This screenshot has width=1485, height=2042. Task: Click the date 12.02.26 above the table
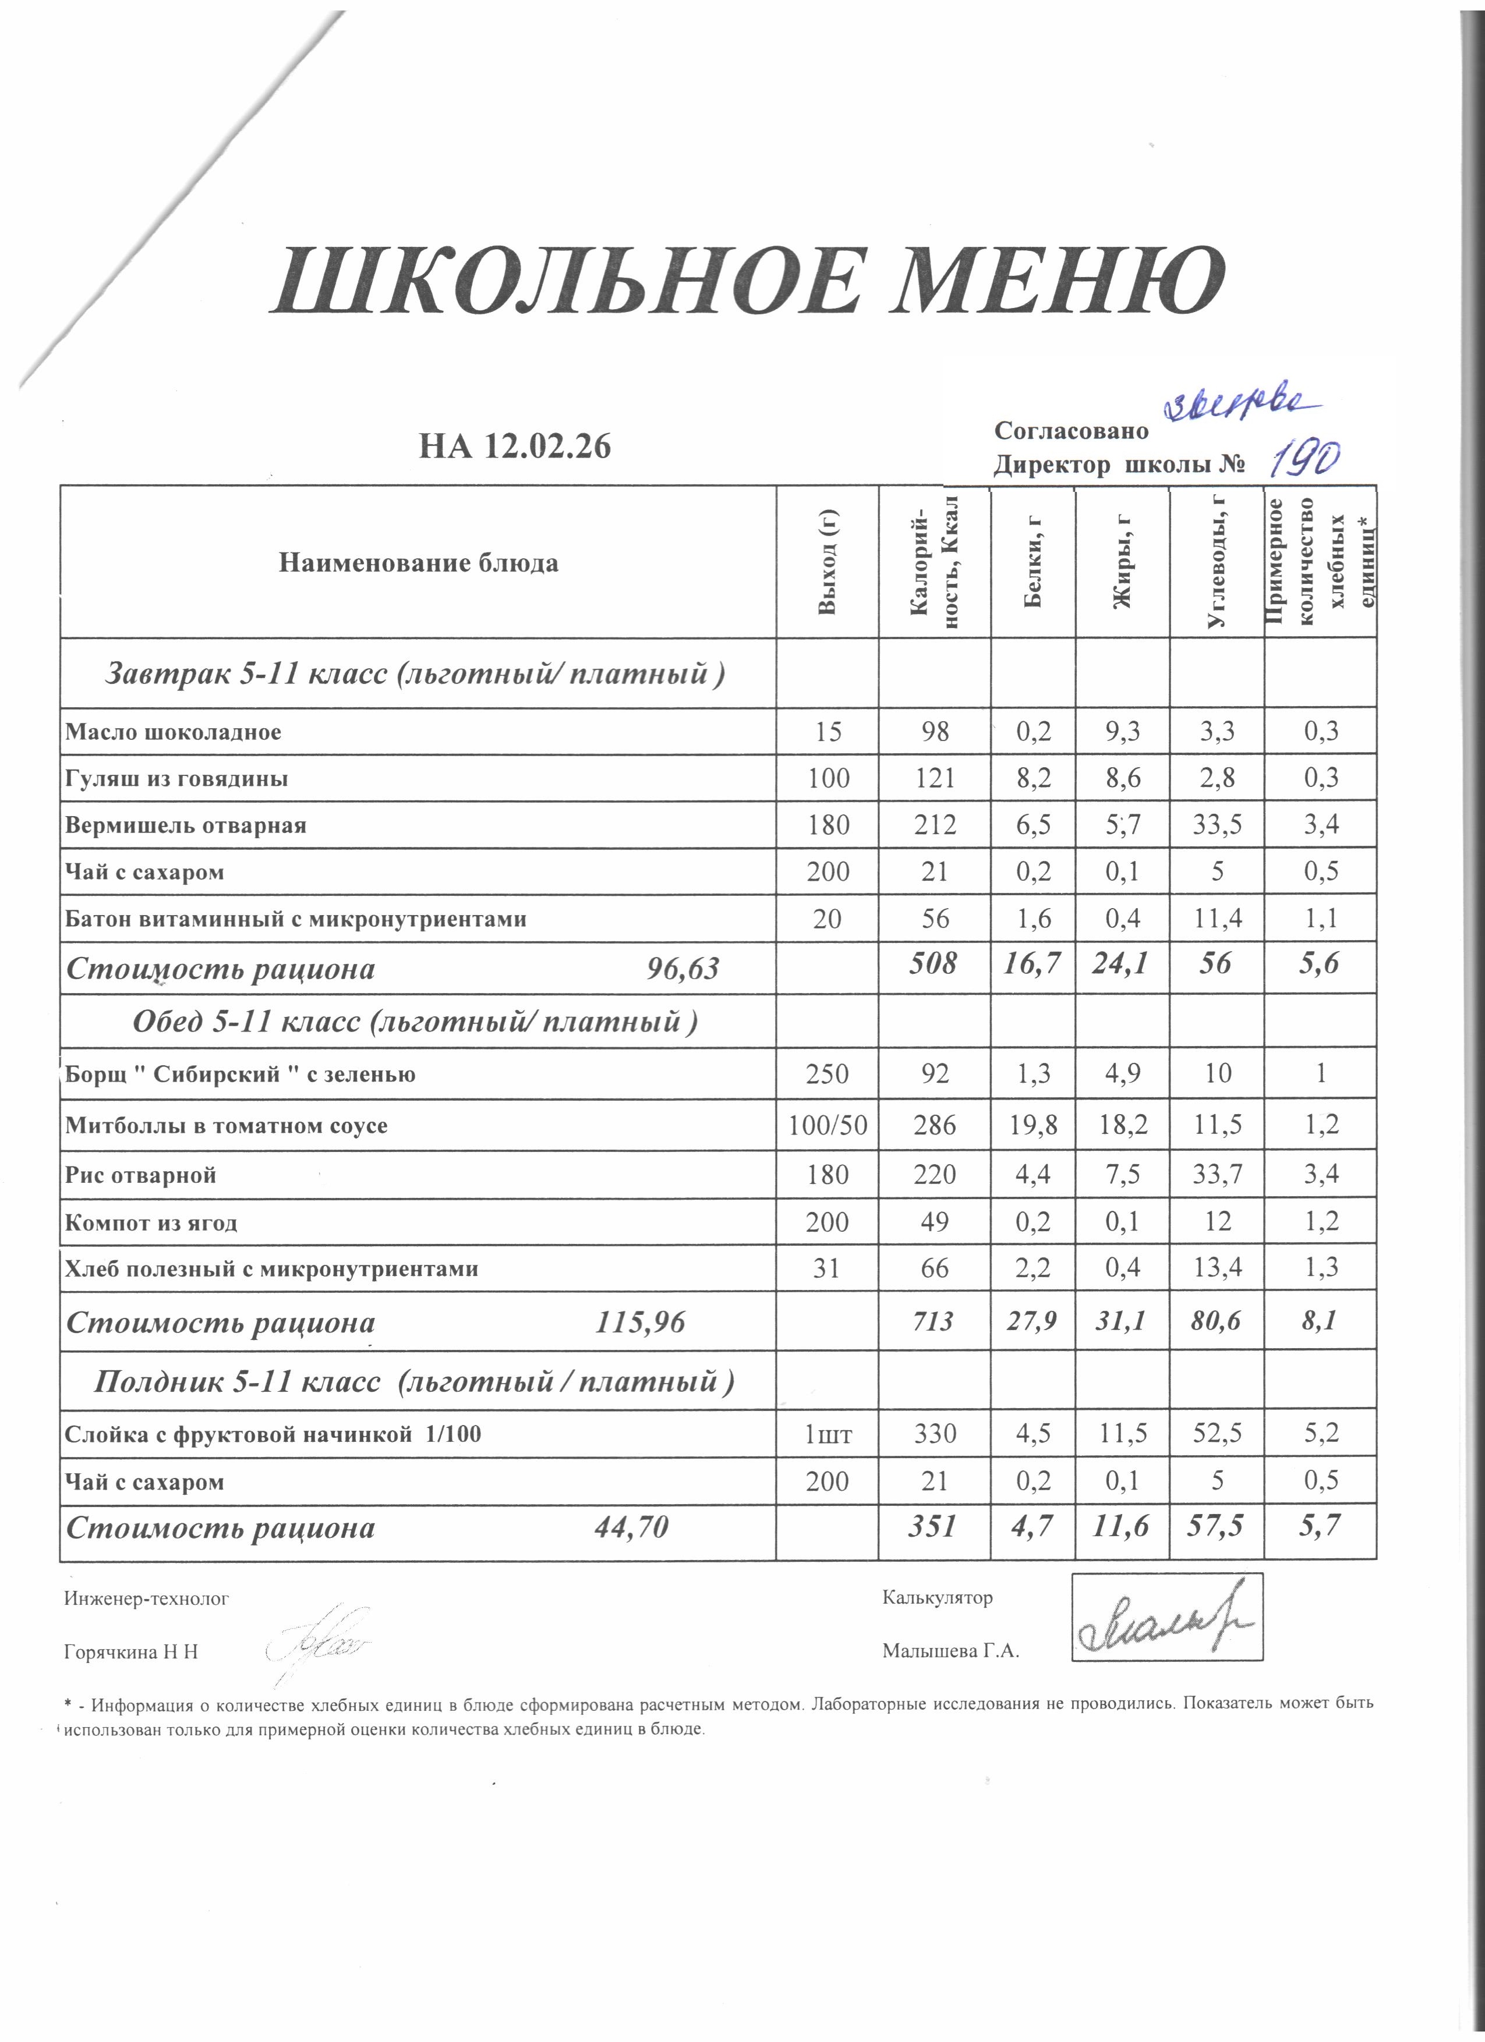click(x=547, y=446)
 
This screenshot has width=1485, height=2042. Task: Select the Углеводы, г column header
click(x=1217, y=561)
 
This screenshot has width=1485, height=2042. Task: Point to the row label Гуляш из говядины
click(x=176, y=778)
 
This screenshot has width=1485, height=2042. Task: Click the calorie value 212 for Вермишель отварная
click(x=935, y=825)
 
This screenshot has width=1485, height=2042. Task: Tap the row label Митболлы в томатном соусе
click(x=226, y=1125)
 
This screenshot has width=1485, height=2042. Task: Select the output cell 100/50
click(x=828, y=1125)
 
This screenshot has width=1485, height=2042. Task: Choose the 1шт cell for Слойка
click(x=828, y=1433)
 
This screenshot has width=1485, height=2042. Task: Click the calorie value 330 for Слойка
click(x=935, y=1433)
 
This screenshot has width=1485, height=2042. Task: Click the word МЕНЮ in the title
click(x=1056, y=281)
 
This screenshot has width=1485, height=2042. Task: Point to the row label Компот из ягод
click(x=151, y=1222)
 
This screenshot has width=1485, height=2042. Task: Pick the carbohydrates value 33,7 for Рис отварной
click(x=1217, y=1174)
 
